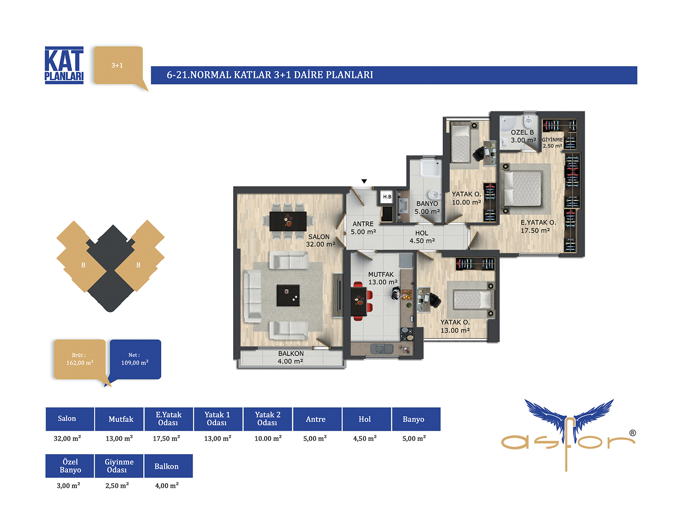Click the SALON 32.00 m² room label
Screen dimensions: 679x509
coord(320,241)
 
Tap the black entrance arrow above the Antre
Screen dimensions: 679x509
coord(364,181)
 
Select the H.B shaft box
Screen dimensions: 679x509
coord(387,196)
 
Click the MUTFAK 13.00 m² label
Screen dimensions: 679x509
coord(383,278)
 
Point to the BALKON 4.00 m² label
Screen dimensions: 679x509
coord(290,357)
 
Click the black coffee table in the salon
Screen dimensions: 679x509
coord(288,295)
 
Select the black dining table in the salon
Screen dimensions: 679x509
coord(288,221)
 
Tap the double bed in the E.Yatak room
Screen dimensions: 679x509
coord(522,189)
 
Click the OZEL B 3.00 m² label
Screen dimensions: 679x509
coord(523,136)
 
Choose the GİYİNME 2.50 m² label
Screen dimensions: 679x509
coord(552,143)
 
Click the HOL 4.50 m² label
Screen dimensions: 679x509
coord(422,237)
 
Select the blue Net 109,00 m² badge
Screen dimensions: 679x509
coord(135,359)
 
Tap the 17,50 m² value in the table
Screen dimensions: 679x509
coord(166,438)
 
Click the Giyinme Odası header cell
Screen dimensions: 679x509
coord(119,466)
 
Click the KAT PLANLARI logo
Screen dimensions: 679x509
coord(64,65)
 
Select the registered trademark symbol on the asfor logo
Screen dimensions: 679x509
coord(632,433)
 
